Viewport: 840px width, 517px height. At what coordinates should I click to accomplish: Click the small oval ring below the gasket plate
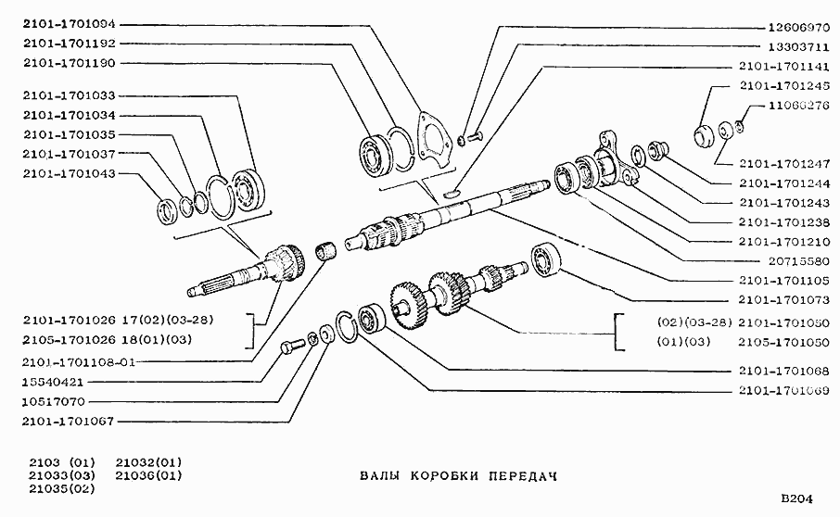(451, 194)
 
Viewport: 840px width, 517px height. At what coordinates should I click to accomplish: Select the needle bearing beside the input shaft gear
(325, 249)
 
